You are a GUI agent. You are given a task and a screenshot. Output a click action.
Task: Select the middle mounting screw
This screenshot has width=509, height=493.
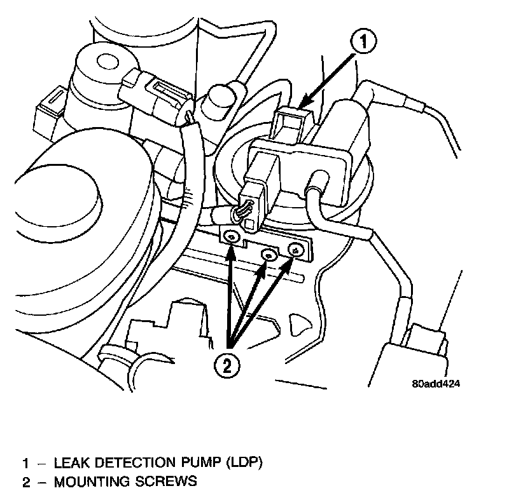point(270,255)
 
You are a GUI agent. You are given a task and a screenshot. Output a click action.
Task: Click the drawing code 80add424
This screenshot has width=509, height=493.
point(435,384)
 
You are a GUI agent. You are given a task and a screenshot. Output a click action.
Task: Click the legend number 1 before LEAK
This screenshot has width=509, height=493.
point(25,462)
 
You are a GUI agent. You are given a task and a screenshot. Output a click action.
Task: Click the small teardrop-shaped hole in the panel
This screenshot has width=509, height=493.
point(295,323)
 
